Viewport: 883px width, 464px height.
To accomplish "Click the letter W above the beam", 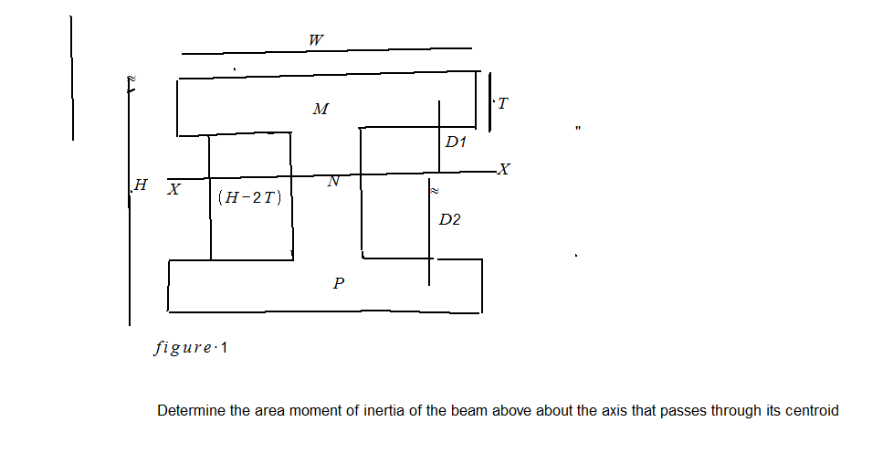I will pos(316,40).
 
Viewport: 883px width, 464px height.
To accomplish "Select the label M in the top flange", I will pos(320,110).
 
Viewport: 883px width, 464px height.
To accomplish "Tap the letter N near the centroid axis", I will pos(333,182).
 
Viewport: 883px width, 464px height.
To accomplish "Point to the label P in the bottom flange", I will pos(339,284).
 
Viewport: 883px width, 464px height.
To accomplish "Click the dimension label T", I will pos(503,104).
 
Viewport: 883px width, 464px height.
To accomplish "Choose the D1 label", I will pos(456,143).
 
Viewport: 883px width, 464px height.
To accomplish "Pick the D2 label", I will pos(449,220).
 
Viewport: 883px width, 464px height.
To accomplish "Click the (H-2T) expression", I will pos(249,197).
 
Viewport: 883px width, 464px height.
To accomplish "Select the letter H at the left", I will pos(140,185).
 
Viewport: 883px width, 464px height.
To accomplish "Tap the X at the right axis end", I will pos(505,170).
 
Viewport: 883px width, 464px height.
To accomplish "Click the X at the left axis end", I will pos(173,189).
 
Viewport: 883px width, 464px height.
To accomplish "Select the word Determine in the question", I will pos(191,411).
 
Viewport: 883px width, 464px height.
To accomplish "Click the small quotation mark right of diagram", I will pos(578,129).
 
